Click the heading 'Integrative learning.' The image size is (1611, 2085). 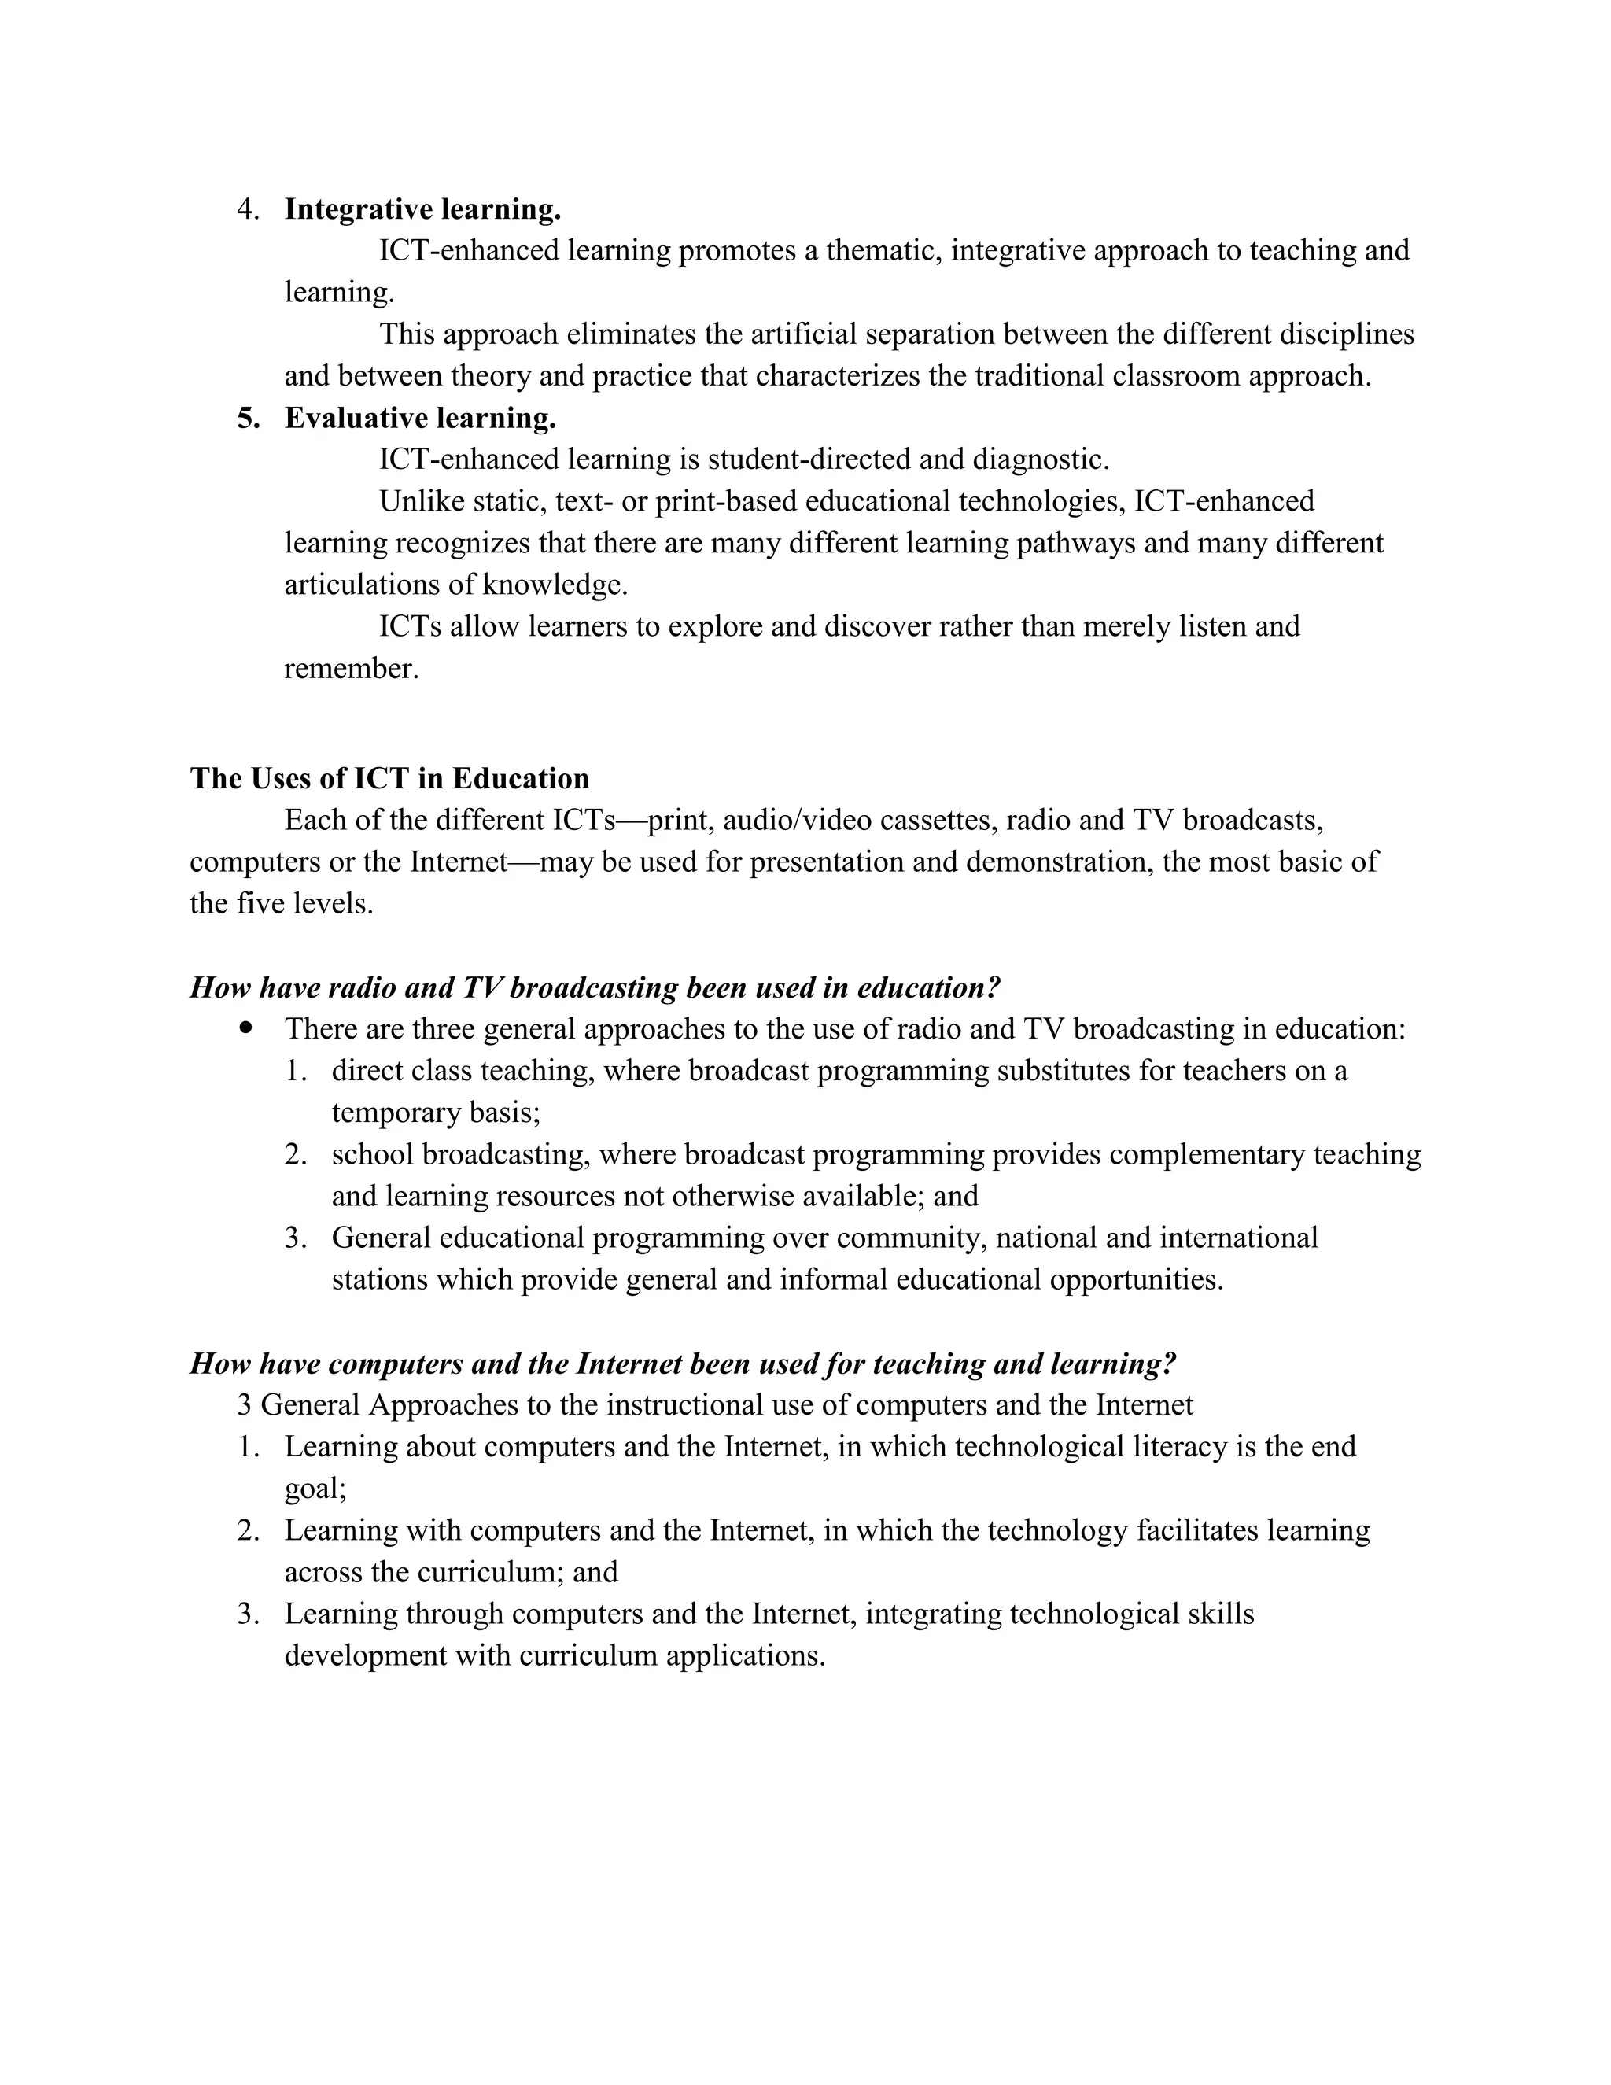pyautogui.click(x=422, y=209)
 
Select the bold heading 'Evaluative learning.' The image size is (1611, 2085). pyautogui.click(x=420, y=418)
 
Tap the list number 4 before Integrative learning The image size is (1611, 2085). pyautogui.click(x=246, y=209)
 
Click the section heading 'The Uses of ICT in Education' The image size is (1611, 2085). pyautogui.click(x=389, y=778)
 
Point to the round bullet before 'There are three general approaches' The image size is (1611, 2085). pyautogui.click(x=247, y=1028)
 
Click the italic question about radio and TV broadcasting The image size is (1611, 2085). pyautogui.click(x=595, y=987)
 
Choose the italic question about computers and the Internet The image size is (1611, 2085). pyautogui.click(x=682, y=1364)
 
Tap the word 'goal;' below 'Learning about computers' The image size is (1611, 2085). pyautogui.click(x=315, y=1489)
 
